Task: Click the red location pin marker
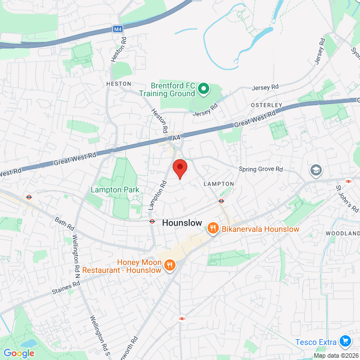[x=179, y=168]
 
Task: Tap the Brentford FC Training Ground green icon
[x=203, y=89]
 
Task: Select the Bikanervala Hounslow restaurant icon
[x=213, y=228]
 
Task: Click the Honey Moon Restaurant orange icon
[x=169, y=264]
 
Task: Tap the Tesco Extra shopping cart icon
[x=345, y=342]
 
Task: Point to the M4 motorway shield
[x=117, y=29]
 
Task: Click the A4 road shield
[x=176, y=137]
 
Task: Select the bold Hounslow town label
[x=182, y=223]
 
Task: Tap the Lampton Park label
[x=115, y=190]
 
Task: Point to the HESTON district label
[x=118, y=84]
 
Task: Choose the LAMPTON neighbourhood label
[x=218, y=184]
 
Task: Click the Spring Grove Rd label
[x=260, y=169]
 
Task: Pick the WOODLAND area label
[x=342, y=233]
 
